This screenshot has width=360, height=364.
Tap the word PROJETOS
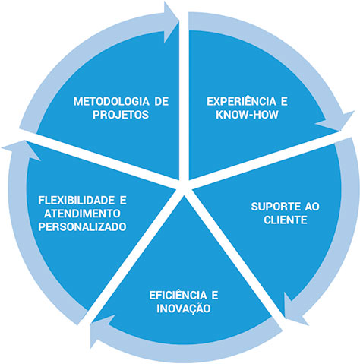121,115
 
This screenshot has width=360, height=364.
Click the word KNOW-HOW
247,115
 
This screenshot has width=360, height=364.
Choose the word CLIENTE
286,220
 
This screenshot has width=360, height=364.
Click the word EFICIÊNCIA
178,294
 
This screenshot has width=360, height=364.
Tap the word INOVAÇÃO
184,308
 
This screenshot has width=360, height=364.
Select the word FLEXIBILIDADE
76,201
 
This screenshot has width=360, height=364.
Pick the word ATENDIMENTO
82,214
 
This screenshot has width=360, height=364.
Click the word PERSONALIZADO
82,226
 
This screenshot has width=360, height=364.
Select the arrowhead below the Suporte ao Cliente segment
294,309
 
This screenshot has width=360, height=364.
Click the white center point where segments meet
184,188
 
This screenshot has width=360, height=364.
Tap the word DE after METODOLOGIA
162,102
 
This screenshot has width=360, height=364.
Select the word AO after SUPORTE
312,207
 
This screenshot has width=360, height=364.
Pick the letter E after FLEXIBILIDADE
123,201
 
